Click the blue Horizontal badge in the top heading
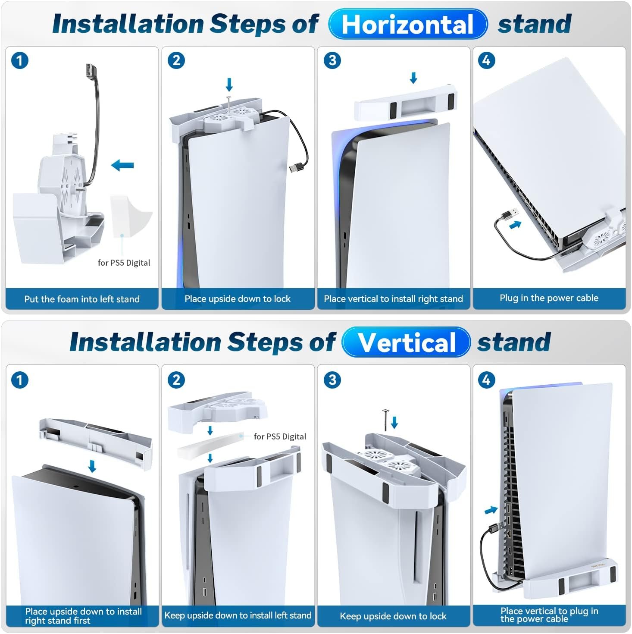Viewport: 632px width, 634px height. click(x=408, y=24)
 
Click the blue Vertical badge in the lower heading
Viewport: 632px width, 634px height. click(x=406, y=342)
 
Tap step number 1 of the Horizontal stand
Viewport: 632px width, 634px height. click(x=20, y=61)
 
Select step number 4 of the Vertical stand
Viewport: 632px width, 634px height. click(x=486, y=380)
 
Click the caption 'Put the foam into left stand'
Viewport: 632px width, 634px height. click(x=82, y=299)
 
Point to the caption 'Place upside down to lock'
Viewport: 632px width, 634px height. click(x=238, y=299)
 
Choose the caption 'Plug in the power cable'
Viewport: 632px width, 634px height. click(x=549, y=298)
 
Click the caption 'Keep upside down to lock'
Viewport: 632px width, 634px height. click(x=393, y=616)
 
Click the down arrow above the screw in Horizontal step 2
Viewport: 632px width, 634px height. click(x=229, y=85)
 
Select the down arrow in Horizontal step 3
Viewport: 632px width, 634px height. click(x=413, y=78)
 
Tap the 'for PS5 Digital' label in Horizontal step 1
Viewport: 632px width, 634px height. click(x=124, y=263)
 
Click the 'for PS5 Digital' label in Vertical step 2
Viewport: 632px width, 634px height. click(x=280, y=436)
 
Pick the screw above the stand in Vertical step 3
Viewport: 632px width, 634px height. click(x=385, y=420)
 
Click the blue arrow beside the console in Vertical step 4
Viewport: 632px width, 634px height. click(x=491, y=510)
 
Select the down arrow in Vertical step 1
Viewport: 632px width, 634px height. click(x=92, y=466)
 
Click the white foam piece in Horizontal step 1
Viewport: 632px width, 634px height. click(x=131, y=216)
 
